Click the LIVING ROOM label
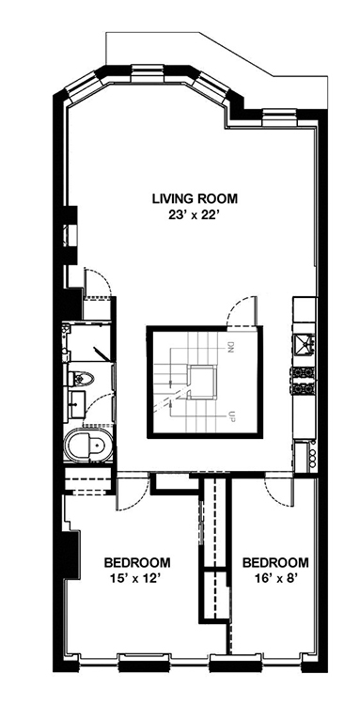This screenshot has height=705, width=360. (195, 198)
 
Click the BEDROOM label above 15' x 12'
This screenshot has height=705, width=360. (137, 562)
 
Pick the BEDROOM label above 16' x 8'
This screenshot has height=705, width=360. (275, 562)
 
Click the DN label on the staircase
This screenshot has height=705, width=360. (231, 348)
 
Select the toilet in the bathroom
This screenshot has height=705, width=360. (82, 378)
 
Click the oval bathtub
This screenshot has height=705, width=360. (86, 446)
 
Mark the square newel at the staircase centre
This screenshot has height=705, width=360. (203, 383)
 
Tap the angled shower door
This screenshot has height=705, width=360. (102, 352)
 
